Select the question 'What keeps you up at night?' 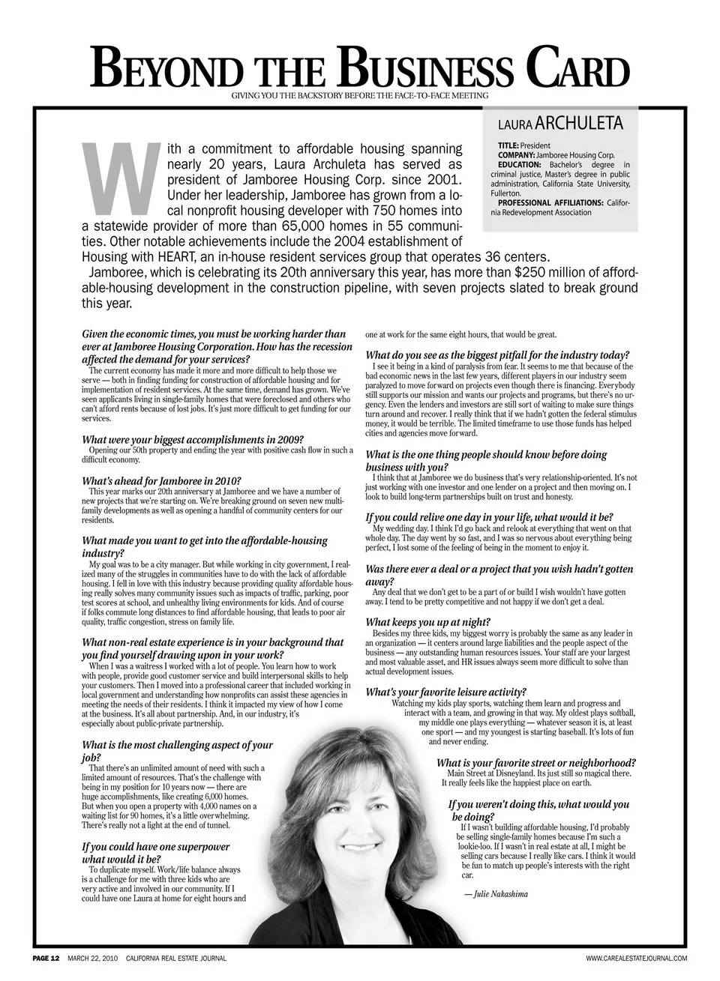pos(428,622)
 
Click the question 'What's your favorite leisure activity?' pos(445,692)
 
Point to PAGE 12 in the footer pos(46,959)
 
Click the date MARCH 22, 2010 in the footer pos(93,959)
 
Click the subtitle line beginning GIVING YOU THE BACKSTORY pos(359,96)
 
